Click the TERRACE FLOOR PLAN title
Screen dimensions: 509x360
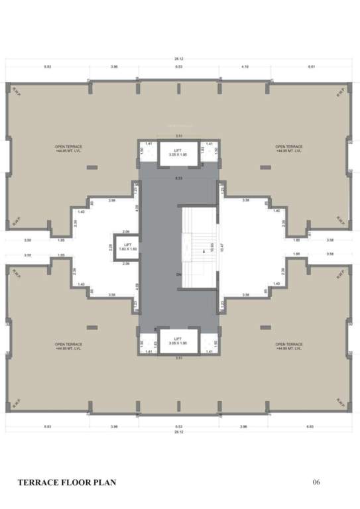point(67,482)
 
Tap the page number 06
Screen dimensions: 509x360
point(316,482)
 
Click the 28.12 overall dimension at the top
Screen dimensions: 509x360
point(179,59)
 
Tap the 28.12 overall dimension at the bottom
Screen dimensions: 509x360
point(179,430)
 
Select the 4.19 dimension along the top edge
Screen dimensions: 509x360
point(245,68)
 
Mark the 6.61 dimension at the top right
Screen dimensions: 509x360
point(312,68)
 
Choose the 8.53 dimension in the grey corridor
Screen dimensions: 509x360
point(178,180)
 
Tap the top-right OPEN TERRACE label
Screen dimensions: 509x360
point(289,147)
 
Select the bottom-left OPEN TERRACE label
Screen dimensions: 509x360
point(68,345)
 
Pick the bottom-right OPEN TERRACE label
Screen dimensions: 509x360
point(289,345)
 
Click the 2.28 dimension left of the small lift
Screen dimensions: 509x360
point(111,247)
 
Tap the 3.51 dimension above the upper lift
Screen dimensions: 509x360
point(178,136)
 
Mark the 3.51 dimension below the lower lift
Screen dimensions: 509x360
point(178,357)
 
